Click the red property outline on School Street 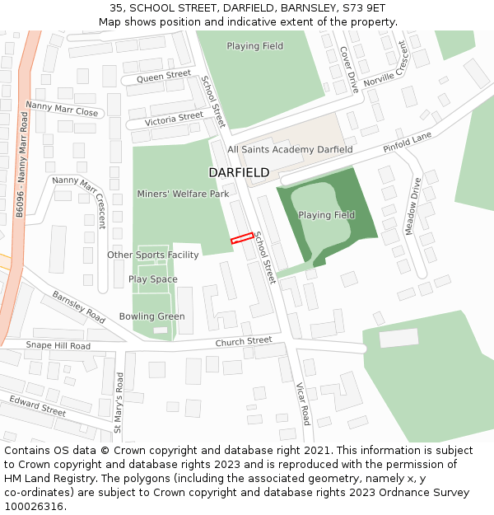pyautogui.click(x=241, y=238)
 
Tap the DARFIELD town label pyautogui.click(x=239, y=172)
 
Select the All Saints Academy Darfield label pyautogui.click(x=290, y=149)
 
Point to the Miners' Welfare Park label pyautogui.click(x=183, y=194)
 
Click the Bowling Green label pyautogui.click(x=151, y=316)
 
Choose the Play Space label pyautogui.click(x=152, y=279)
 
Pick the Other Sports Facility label pyautogui.click(x=153, y=255)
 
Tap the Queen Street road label pyautogui.click(x=164, y=76)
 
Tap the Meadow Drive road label pyautogui.click(x=412, y=206)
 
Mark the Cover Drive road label pyautogui.click(x=349, y=68)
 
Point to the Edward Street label pyautogui.click(x=37, y=405)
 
